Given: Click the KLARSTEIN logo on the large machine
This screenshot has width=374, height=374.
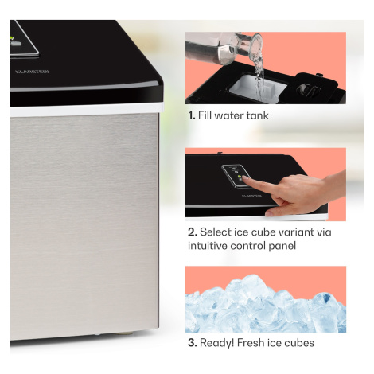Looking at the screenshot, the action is click(32, 72).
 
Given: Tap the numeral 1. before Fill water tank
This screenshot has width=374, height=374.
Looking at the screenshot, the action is click(192, 115).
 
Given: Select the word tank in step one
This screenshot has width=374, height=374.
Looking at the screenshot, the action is click(258, 115).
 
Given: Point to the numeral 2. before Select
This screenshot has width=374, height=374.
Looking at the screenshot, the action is click(193, 232).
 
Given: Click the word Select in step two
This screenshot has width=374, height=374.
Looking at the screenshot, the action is click(216, 232).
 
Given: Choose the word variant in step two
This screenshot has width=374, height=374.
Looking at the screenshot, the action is click(296, 232).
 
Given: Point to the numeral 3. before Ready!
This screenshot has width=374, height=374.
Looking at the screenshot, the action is click(193, 343).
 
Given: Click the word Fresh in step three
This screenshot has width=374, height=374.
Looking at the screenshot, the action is click(251, 343).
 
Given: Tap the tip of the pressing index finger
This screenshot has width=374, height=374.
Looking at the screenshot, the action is click(244, 178).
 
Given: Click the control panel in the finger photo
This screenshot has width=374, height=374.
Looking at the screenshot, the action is click(236, 176).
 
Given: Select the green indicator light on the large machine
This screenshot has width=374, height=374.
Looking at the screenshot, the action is click(12, 38).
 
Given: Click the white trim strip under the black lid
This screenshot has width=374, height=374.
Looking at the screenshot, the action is click(87, 110).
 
